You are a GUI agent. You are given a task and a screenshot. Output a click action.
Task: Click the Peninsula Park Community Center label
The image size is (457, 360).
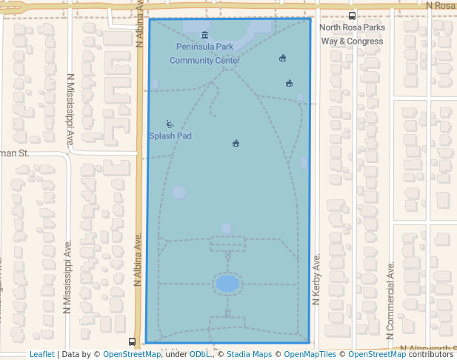click(204, 53)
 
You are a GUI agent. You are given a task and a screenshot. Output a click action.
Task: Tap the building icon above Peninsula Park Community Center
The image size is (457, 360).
click(205, 35)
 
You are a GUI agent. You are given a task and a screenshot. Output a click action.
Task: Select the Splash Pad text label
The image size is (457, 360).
click(170, 136)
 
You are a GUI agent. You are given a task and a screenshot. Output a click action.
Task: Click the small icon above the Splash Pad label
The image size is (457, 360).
click(170, 124)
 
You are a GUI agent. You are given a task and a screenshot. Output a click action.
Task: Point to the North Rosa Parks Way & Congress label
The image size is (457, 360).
click(352, 34)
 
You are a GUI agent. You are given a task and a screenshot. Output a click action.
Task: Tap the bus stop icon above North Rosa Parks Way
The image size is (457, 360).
click(352, 16)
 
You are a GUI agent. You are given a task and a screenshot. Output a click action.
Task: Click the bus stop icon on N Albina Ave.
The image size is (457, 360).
click(132, 341)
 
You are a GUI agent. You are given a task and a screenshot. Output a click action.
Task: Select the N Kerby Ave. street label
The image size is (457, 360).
click(316, 279)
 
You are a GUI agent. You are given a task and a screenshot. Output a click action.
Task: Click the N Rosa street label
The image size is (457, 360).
click(440, 5)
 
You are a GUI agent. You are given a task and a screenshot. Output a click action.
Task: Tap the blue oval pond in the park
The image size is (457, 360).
click(227, 284)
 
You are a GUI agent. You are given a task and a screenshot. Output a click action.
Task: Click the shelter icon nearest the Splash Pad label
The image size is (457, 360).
click(236, 143)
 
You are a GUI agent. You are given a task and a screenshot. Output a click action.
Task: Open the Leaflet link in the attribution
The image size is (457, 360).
click(41, 354)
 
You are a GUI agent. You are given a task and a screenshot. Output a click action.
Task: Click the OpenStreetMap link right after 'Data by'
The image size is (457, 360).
click(131, 354)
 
